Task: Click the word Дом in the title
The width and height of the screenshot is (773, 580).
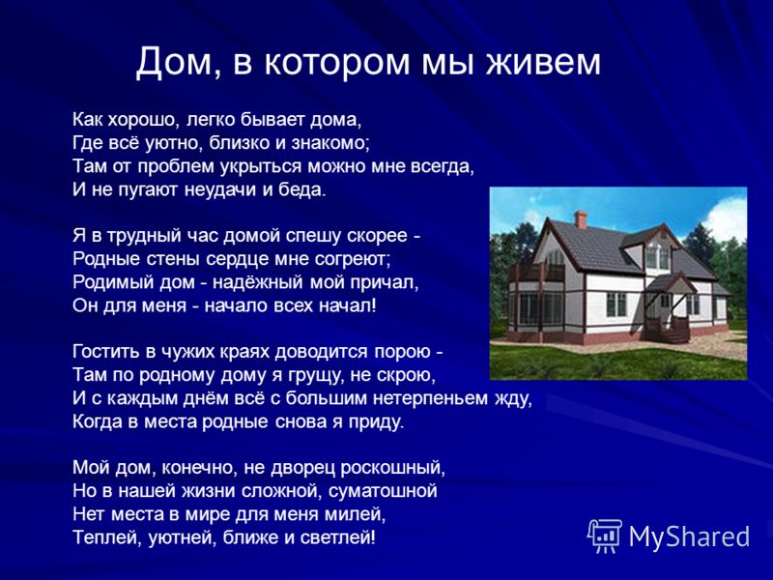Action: (174, 63)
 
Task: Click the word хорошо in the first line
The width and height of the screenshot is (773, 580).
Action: (140, 119)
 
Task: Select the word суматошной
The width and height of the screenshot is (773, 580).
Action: (383, 491)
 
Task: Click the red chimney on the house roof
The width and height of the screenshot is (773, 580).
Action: (581, 219)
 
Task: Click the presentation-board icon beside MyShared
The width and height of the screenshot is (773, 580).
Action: (605, 536)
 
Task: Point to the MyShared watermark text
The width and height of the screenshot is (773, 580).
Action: (689, 536)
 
